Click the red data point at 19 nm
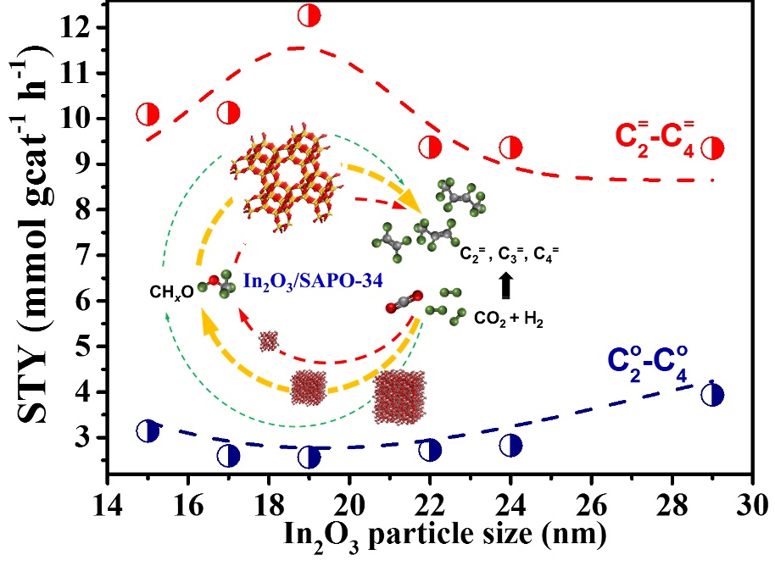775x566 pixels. (309, 15)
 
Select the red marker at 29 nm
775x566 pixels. (713, 148)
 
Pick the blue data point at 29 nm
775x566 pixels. (713, 394)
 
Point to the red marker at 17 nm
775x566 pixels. (228, 112)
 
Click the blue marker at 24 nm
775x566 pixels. (510, 445)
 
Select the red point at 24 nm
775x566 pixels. (510, 147)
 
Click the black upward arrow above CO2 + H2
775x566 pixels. (506, 287)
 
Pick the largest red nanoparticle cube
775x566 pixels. (399, 396)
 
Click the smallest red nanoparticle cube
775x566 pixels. (269, 341)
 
